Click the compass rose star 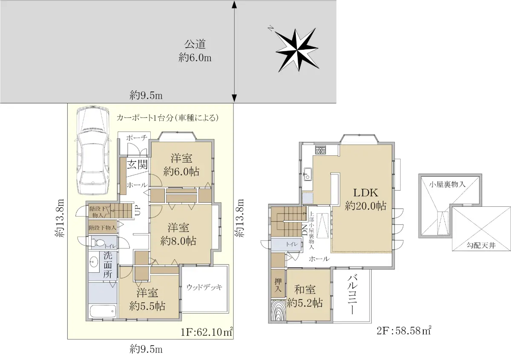(297, 50)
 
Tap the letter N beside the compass (270, 29)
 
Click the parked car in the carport (92, 150)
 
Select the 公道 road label (195, 44)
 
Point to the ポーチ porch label (137, 138)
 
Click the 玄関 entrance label (137, 164)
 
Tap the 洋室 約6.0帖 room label (181, 165)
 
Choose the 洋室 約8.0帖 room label (178, 234)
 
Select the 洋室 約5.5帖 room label (147, 300)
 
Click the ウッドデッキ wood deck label (204, 287)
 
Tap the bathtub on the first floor (103, 311)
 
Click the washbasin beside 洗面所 (93, 262)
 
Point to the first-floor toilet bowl (98, 243)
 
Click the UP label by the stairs (138, 210)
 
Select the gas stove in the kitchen (321, 149)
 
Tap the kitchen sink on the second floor (308, 174)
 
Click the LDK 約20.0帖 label (365, 199)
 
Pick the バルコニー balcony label (352, 295)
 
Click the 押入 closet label (278, 285)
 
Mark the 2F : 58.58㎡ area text (404, 330)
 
